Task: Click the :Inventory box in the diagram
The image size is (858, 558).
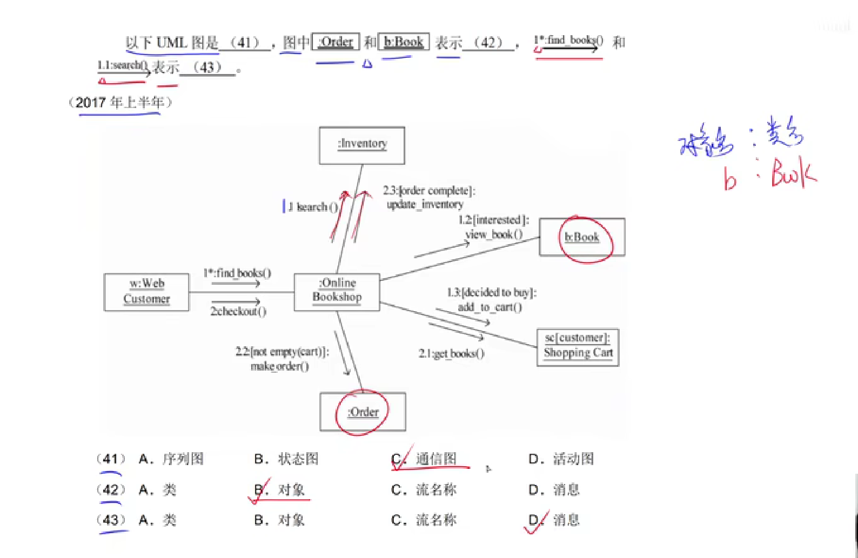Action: point(362,145)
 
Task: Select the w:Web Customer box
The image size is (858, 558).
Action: point(146,292)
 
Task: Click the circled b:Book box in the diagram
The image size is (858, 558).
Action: point(582,237)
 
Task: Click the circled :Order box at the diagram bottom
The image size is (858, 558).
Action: point(363,412)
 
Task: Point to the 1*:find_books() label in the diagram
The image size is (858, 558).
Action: point(237,273)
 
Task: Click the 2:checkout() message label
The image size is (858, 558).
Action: point(238,312)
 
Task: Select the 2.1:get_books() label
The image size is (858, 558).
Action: point(452,354)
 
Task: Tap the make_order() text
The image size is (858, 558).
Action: point(279,367)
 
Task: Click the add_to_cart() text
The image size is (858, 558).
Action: point(490,307)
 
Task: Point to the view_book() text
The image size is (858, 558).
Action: point(494,234)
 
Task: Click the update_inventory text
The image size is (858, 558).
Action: point(425,205)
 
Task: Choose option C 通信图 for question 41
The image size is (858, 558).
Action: point(435,459)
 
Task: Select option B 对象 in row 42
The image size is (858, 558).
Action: point(291,490)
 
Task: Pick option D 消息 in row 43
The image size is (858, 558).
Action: point(566,520)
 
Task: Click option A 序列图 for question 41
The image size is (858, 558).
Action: point(183,459)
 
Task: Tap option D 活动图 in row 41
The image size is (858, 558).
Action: point(573,459)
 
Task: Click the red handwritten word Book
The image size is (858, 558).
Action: point(793,173)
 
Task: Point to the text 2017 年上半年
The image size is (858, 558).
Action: point(120,103)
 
